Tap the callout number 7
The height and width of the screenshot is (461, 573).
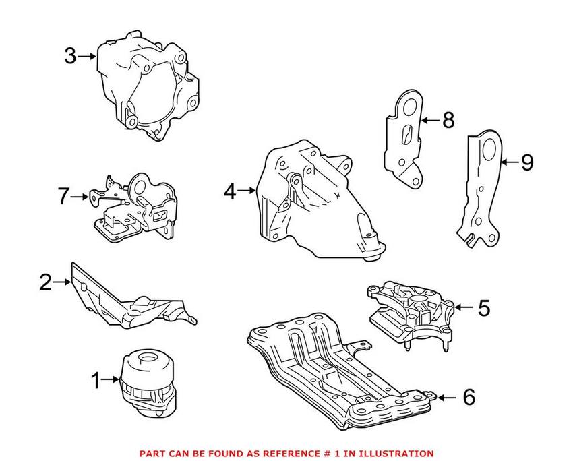pyautogui.click(x=64, y=197)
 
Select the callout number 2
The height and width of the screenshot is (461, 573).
pyautogui.click(x=45, y=282)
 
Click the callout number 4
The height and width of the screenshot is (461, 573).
pyautogui.click(x=230, y=192)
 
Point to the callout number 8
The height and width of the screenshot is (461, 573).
pyautogui.click(x=448, y=121)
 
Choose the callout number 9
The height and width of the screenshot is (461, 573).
pyautogui.click(x=526, y=162)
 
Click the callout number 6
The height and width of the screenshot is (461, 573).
pyautogui.click(x=468, y=397)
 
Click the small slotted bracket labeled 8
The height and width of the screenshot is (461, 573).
pyautogui.click(x=403, y=138)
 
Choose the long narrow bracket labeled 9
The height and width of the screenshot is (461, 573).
pyautogui.click(x=483, y=189)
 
